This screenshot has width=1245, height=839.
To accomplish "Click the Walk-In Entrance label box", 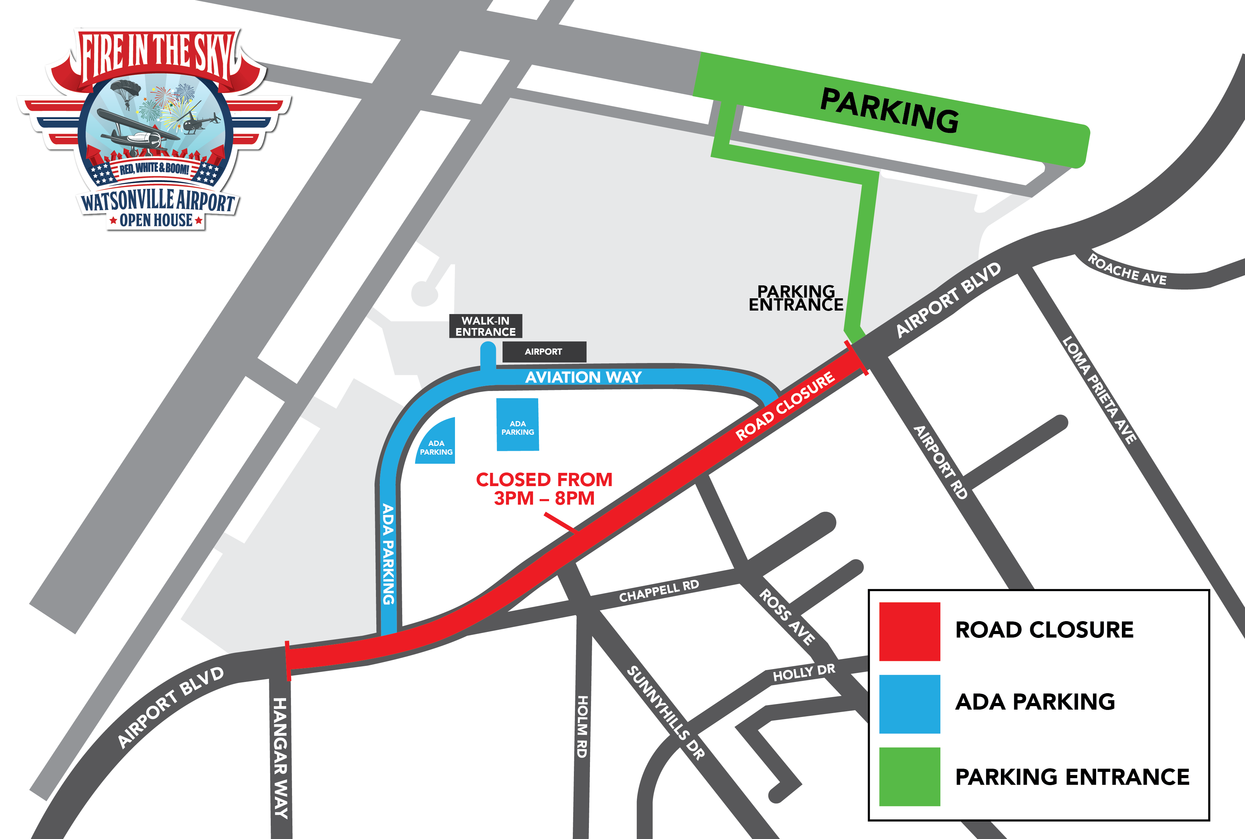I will (x=485, y=326).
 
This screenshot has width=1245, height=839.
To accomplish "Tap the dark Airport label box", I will (x=543, y=351).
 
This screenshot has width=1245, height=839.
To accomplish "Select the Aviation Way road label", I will (x=583, y=377).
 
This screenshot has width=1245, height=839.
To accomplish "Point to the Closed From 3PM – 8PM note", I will (x=544, y=489).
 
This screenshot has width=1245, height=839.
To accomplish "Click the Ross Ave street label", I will (x=787, y=617).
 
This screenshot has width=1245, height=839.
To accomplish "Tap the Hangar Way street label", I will (x=280, y=758).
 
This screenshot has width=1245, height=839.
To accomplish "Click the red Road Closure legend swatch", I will (x=910, y=631).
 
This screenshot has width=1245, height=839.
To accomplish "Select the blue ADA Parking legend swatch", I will (x=910, y=704).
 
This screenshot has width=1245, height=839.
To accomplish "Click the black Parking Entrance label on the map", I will (x=796, y=298).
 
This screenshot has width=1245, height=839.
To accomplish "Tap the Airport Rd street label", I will (x=940, y=462).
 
